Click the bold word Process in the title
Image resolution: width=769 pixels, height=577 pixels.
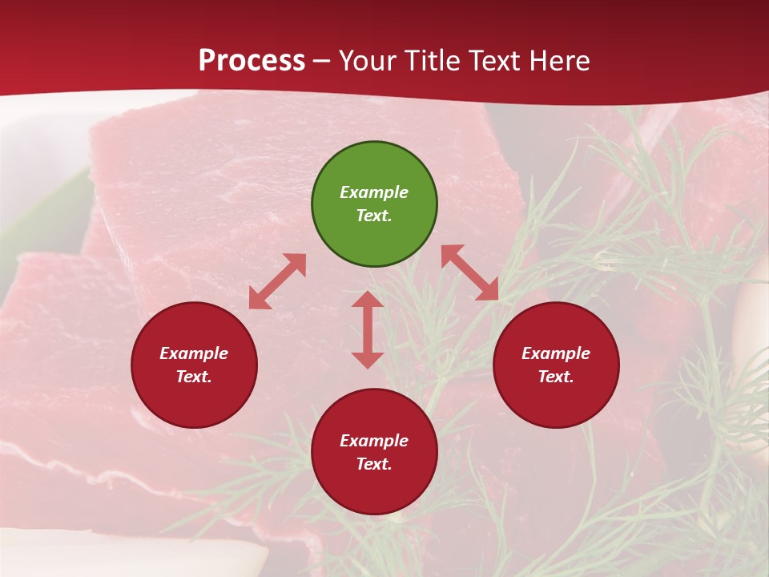click(x=252, y=61)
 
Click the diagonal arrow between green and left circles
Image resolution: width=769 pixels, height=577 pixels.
click(x=277, y=281)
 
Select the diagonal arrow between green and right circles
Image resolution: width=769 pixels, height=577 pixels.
click(x=469, y=272)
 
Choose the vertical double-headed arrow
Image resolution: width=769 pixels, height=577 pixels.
click(x=368, y=329)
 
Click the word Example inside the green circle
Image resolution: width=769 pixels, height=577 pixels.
click(x=374, y=192)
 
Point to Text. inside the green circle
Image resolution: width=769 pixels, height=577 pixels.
click(x=374, y=216)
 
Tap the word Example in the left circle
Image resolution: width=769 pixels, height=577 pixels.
click(x=194, y=353)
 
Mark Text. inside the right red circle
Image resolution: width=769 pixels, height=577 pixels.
click(x=556, y=377)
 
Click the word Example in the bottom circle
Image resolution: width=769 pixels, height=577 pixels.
click(x=374, y=441)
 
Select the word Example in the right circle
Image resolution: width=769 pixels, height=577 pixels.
click(x=556, y=353)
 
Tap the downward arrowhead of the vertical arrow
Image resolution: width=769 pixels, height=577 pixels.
click(x=368, y=360)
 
